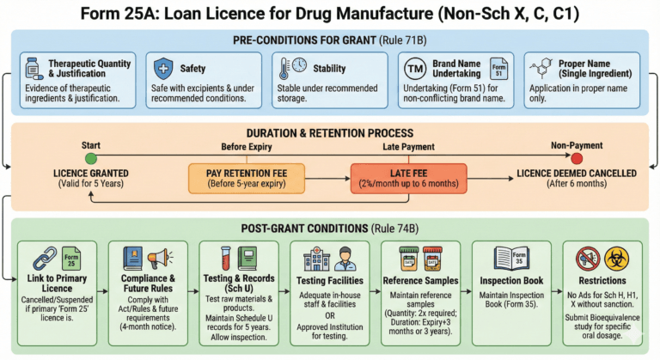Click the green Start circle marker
click(91, 159)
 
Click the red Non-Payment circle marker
click(577, 159)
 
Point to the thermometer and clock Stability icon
click(291, 69)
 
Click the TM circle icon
click(417, 70)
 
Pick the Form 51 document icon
click(498, 70)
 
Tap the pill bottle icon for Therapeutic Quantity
click(34, 68)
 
